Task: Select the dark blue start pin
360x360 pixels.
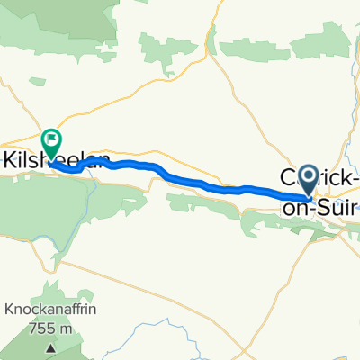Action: [x=308, y=177]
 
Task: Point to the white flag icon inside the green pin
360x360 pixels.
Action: [x=50, y=139]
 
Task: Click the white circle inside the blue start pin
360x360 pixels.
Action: [x=308, y=175]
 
